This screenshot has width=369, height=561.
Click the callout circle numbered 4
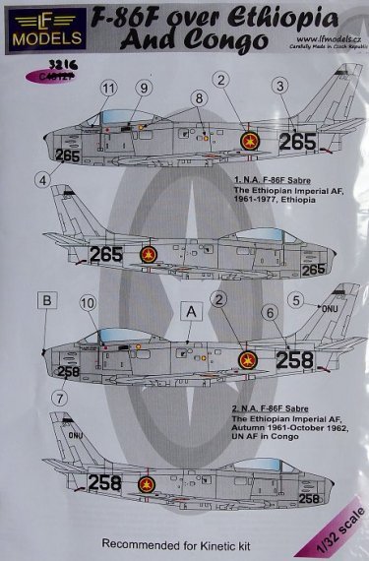pyautogui.click(x=42, y=178)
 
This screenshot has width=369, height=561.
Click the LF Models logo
pyautogui.click(x=33, y=29)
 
